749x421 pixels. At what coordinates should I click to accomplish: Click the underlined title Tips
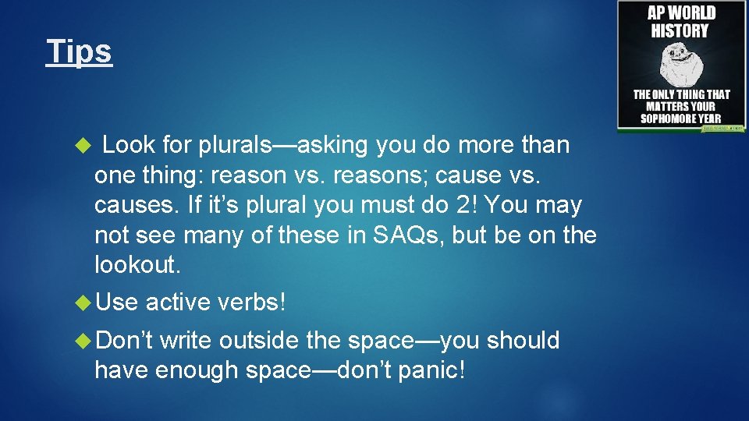point(79,51)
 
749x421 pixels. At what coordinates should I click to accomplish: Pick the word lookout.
point(137,264)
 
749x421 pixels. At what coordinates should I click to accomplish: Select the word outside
point(256,340)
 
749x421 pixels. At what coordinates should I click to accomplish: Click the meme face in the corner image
point(682,64)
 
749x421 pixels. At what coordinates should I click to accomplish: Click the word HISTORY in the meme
point(680,31)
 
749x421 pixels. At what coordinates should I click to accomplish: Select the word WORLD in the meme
point(692,13)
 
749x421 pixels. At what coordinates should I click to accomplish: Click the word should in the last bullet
point(522,340)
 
